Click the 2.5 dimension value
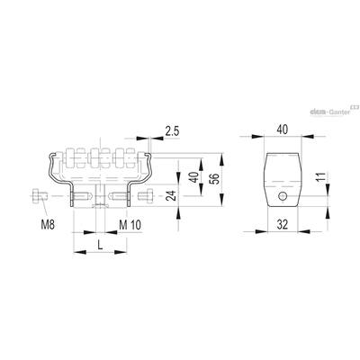(172, 131)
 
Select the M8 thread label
(48, 225)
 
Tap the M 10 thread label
(130, 225)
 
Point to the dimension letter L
(100, 246)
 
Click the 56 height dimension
(215, 179)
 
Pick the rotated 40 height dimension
(194, 177)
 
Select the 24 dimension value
(170, 195)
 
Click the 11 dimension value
(320, 178)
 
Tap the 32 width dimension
(282, 224)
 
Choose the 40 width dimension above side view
(282, 130)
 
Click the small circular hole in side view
(283, 196)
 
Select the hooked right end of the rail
(147, 156)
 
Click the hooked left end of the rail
(53, 156)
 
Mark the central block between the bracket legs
(100, 195)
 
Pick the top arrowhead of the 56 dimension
(221, 159)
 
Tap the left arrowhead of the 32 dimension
(261, 231)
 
